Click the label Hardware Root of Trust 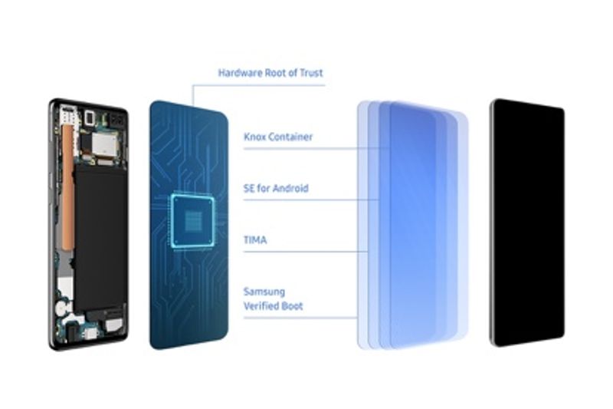(270, 73)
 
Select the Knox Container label (277, 137)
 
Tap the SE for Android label (276, 188)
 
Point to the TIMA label (255, 240)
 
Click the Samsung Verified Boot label (273, 299)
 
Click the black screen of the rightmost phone (527, 223)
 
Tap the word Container (292, 137)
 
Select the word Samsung (263, 292)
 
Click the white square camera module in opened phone (90, 117)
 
